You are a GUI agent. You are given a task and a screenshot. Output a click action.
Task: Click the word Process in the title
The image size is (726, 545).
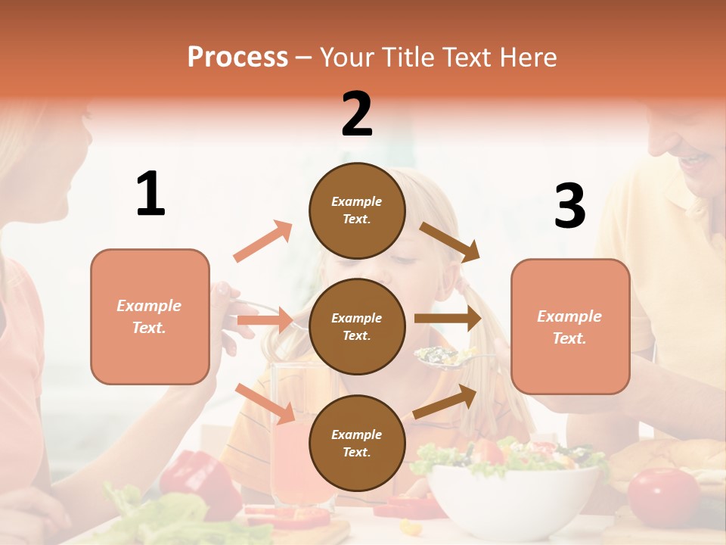237,57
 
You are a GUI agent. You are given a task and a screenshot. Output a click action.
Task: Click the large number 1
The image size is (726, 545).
150,194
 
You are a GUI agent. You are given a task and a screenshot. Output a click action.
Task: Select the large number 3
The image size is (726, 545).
569,206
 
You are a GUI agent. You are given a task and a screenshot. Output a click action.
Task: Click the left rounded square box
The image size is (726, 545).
150,316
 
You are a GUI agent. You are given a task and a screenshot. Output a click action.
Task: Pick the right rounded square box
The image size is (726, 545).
570,326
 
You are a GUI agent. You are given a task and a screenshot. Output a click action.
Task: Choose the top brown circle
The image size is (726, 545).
357,210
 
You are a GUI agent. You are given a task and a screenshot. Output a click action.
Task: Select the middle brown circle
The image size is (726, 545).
357,326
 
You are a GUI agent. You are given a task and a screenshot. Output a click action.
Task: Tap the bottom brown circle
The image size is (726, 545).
357,443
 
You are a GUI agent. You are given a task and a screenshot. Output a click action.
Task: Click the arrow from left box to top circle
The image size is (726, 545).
262,241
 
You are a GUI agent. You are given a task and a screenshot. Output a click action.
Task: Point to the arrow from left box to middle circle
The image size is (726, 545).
265,320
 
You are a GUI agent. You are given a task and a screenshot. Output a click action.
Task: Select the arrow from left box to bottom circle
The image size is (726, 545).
265,403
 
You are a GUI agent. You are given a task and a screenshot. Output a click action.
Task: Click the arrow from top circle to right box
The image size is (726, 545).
450,241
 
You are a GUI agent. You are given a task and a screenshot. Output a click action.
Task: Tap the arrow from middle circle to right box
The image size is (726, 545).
448,319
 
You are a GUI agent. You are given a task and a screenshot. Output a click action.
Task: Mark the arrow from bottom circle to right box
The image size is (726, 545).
445,401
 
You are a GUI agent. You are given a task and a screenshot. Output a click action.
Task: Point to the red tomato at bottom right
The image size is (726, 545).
664,495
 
